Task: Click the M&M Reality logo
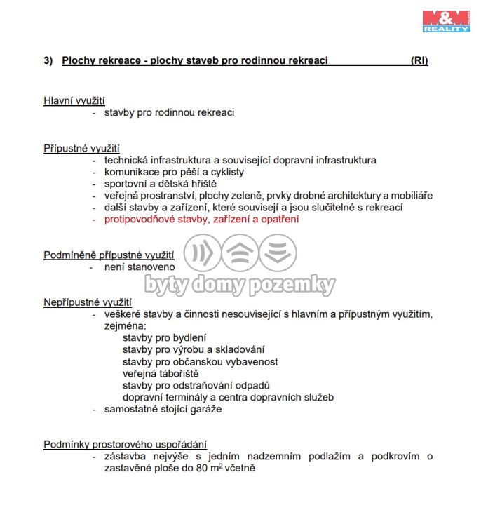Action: point(446,20)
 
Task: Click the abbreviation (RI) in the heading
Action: point(419,61)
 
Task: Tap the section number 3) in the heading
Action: point(48,61)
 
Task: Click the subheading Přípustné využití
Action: point(81,148)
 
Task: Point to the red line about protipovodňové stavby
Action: point(201,220)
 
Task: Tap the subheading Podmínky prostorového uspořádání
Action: point(125,443)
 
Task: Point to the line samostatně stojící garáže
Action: point(163,409)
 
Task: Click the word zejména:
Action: point(125,326)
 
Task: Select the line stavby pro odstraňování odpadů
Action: point(196,385)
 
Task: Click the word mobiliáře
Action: point(408,196)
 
